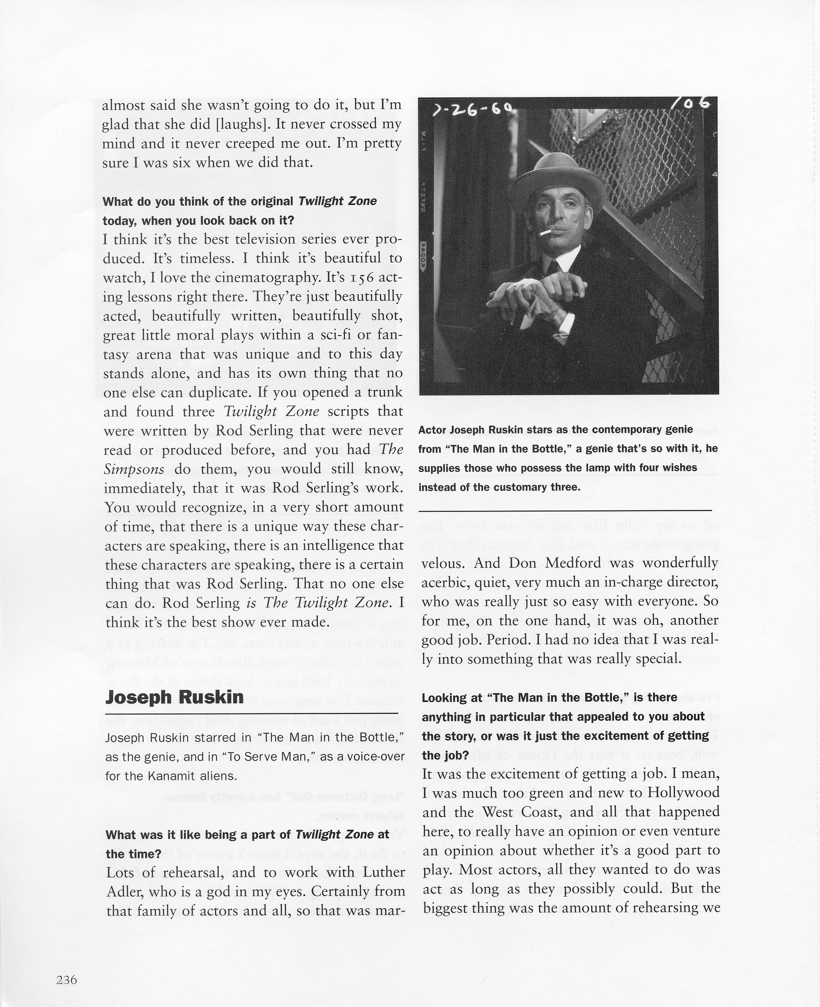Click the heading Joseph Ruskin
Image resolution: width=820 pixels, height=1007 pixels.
pyautogui.click(x=175, y=697)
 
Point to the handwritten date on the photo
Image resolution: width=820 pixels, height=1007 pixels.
pyautogui.click(x=472, y=111)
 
